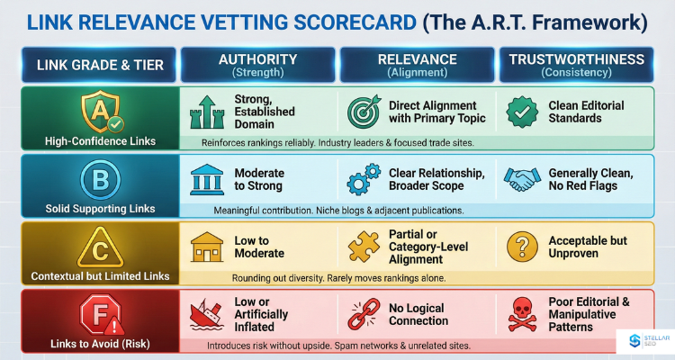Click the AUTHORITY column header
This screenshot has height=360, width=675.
257,64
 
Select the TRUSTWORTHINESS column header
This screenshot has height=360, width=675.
577,64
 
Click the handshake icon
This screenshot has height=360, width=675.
521,178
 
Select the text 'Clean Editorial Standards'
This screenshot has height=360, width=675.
586,112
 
